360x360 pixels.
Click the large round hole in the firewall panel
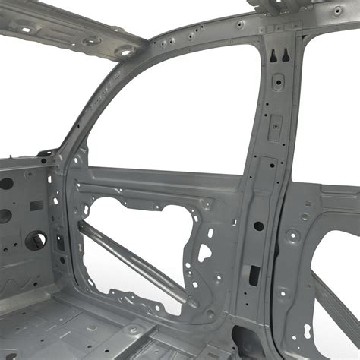(x=35, y=241)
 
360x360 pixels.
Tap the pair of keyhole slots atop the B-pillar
(x=278, y=54)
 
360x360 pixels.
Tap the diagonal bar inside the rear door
(x=334, y=304)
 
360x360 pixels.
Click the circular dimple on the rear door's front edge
(x=293, y=236)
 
